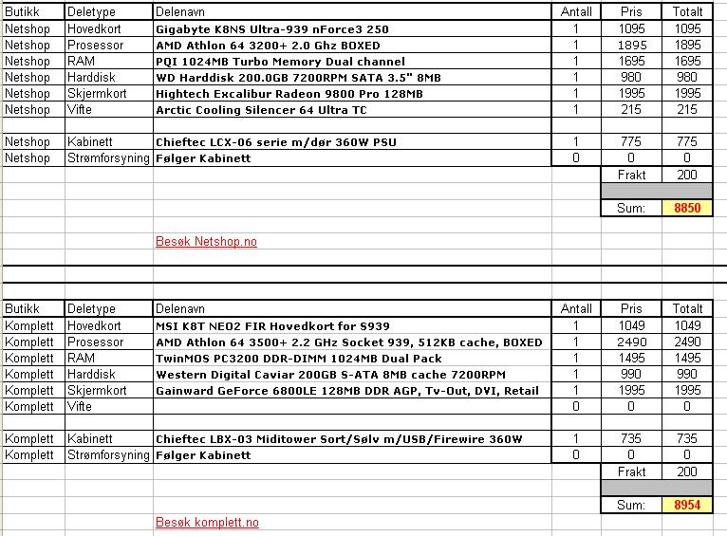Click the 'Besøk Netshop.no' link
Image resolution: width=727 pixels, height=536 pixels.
[x=206, y=242]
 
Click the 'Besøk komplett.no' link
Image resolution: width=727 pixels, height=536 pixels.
[x=207, y=523]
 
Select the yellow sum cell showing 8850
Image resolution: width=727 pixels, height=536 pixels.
[x=687, y=208]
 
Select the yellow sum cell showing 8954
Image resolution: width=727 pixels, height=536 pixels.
[x=687, y=506]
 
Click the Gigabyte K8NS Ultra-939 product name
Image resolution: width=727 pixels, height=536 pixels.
[x=271, y=29]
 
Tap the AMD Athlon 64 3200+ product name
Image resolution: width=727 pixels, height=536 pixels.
[x=268, y=46]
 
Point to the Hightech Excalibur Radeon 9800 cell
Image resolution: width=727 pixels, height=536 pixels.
[x=289, y=94]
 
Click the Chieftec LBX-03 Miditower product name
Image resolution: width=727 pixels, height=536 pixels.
[x=339, y=439]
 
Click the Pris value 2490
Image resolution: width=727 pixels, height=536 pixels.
[x=631, y=342]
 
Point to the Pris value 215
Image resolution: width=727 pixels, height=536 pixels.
[x=631, y=110]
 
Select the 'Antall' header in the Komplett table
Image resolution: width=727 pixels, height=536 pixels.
[x=576, y=309]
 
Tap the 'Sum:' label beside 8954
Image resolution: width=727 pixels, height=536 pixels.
[x=631, y=506]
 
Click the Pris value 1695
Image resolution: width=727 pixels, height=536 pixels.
[x=631, y=62]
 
